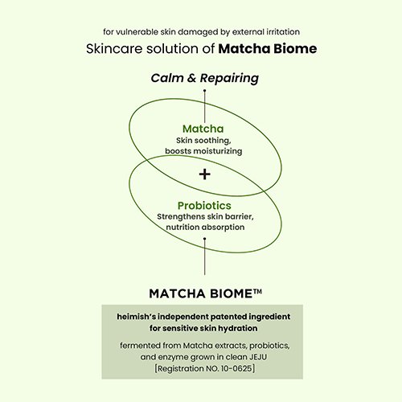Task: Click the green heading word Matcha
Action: pos(203,129)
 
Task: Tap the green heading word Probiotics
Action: pos(204,205)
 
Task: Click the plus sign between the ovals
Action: pos(204,174)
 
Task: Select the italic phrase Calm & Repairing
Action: pos(204,78)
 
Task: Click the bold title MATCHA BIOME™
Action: pos(204,293)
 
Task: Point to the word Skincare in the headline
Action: pos(113,48)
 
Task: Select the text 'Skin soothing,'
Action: pos(203,141)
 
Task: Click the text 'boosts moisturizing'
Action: pos(203,151)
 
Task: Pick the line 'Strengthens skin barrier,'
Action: pos(204,217)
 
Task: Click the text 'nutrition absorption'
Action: pos(204,228)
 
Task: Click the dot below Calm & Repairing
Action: pos(204,91)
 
